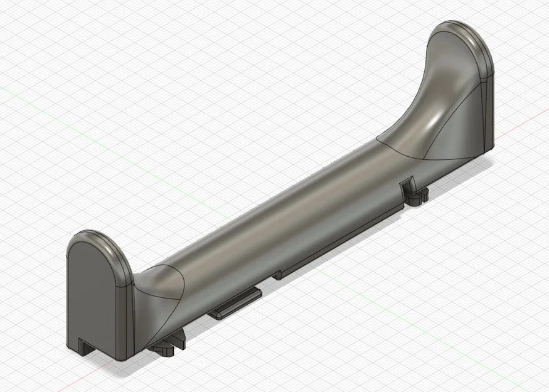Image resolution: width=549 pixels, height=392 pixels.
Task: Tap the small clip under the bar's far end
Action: (x=417, y=195)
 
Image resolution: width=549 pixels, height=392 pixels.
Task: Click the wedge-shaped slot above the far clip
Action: (x=407, y=184)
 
